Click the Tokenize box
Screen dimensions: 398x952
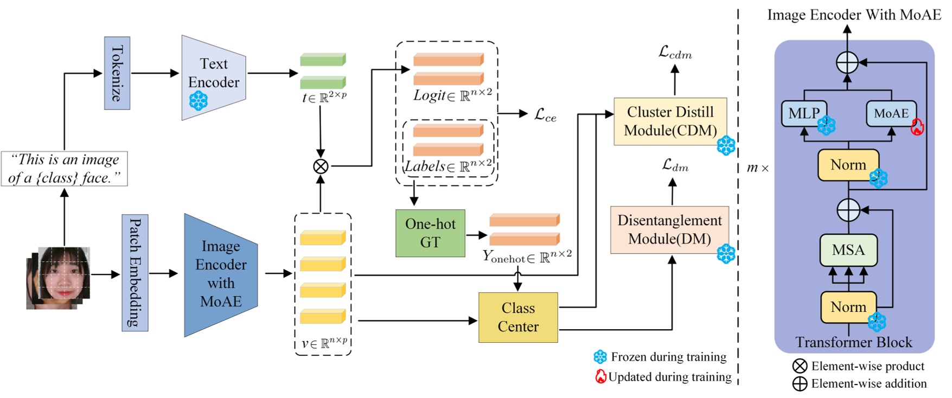tap(117, 73)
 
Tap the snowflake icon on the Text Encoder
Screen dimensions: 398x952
tap(199, 101)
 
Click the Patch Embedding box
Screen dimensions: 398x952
tap(135, 273)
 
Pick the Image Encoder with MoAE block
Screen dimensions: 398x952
tap(220, 274)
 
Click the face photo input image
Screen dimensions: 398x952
tap(60, 277)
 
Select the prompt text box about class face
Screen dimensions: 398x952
tap(64, 169)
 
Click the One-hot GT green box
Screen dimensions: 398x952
tap(430, 233)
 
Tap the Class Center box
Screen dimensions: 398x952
tap(518, 317)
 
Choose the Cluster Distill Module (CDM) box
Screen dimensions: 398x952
tap(670, 121)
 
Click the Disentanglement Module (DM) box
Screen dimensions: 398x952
tap(669, 230)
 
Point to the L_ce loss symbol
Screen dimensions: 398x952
tap(545, 114)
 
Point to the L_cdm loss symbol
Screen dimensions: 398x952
tap(675, 53)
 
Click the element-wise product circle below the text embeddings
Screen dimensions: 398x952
tap(321, 166)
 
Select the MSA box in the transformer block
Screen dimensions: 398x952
tap(848, 250)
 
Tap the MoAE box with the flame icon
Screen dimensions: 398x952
tap(891, 113)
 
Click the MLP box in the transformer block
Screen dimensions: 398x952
tap(804, 113)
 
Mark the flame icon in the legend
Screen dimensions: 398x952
tap(600, 376)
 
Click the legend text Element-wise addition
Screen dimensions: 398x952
tap(868, 384)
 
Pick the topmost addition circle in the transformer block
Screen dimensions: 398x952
tap(847, 62)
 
